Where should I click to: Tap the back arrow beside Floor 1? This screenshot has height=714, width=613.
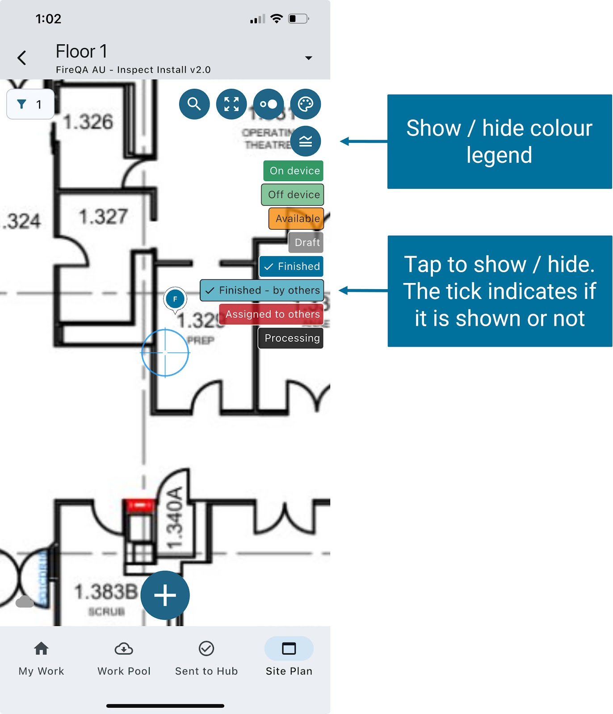(x=22, y=58)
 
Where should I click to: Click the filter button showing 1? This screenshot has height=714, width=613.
(x=30, y=104)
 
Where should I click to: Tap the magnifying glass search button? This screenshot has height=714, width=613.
(x=194, y=104)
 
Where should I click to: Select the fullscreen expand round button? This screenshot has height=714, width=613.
(x=231, y=104)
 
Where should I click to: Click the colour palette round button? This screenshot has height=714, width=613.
(x=306, y=104)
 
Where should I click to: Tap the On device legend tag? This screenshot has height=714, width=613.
(x=294, y=171)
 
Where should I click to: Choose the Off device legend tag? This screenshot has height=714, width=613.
(x=293, y=195)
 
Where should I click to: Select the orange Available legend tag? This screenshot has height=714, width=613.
(x=296, y=219)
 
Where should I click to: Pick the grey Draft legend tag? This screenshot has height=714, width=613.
(x=306, y=242)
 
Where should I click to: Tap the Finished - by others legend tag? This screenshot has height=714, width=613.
(x=262, y=291)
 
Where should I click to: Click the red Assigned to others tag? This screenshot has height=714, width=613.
(x=272, y=314)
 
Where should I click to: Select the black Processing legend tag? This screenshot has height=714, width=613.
(x=291, y=338)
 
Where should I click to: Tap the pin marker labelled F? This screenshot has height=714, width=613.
(x=175, y=299)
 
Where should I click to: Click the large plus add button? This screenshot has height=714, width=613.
(x=165, y=595)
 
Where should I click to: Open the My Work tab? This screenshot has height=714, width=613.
(x=42, y=658)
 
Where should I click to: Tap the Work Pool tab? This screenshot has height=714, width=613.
(x=124, y=658)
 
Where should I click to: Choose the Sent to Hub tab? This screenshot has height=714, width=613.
(x=206, y=658)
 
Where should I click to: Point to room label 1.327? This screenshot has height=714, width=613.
(x=103, y=217)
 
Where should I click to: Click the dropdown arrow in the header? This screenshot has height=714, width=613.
(x=308, y=58)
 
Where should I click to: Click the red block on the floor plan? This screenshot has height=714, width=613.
(x=140, y=505)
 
